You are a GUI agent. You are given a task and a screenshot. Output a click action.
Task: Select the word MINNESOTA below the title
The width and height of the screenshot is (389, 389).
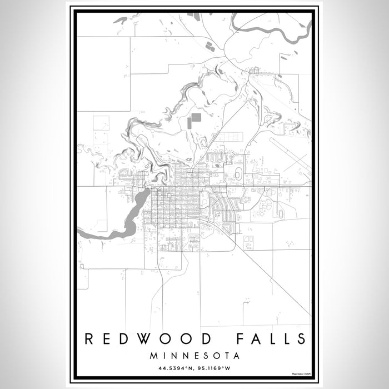pos(194,355)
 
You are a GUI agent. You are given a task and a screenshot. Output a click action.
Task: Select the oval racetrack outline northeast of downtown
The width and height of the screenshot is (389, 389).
pos(238,174)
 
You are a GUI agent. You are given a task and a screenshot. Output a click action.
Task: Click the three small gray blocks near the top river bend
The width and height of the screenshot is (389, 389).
pos(210,46)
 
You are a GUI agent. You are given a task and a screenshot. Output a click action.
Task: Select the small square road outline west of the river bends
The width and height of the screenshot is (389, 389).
pos(101,123)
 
